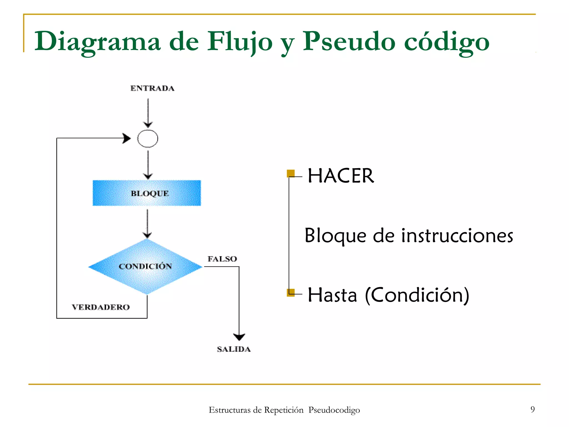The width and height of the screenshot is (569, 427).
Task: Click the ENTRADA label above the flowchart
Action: click(152, 88)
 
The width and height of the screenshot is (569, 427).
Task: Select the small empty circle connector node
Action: click(148, 138)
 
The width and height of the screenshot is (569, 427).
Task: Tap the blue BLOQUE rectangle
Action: click(147, 193)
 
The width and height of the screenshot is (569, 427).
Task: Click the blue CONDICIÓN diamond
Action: click(146, 266)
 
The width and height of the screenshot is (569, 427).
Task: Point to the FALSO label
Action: click(222, 259)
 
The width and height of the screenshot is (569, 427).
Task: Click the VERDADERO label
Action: click(101, 307)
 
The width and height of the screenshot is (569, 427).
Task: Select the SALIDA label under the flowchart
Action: click(234, 349)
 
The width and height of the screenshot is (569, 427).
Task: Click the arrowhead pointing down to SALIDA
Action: click(239, 337)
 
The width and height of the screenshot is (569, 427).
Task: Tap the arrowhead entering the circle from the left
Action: click(127, 138)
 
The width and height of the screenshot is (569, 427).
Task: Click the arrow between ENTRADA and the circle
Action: click(148, 113)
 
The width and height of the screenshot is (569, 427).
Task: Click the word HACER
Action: click(341, 176)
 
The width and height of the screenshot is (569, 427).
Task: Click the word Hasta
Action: click(332, 295)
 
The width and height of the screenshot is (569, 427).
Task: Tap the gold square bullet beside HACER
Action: click(291, 173)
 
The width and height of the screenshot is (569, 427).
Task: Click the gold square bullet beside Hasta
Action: click(291, 292)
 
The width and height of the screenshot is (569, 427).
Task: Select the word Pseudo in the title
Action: click(349, 42)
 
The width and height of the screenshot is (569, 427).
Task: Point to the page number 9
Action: click(532, 409)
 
